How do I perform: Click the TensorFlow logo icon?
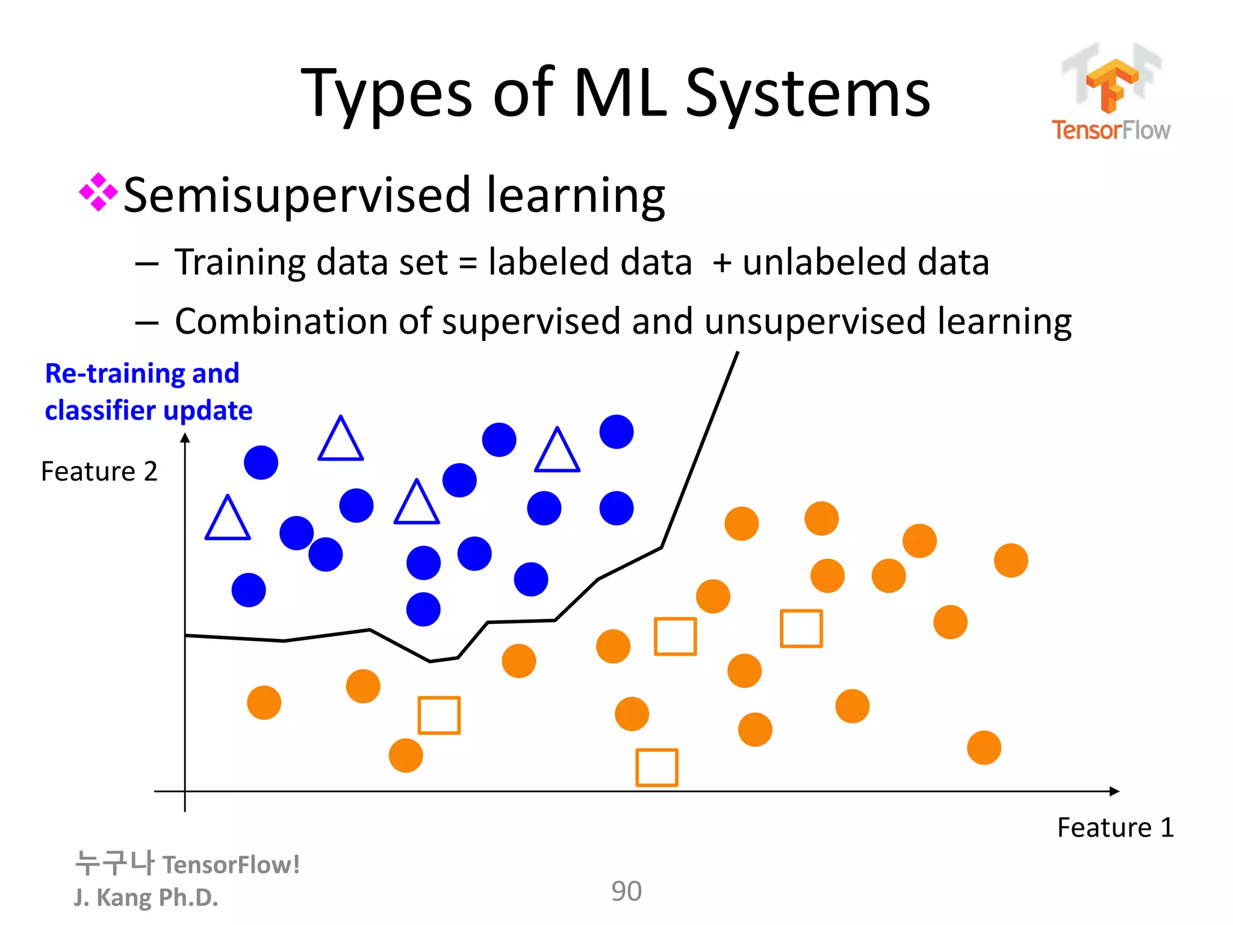click(x=1111, y=84)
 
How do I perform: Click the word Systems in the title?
click(x=808, y=94)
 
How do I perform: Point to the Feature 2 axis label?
click(x=99, y=472)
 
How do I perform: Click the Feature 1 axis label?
click(x=1115, y=827)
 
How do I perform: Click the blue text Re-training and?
click(x=142, y=373)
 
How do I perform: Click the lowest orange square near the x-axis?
click(x=657, y=768)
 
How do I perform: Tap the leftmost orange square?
click(x=439, y=715)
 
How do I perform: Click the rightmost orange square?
click(x=801, y=629)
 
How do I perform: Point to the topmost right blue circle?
click(x=616, y=432)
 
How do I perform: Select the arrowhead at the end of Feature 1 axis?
click(x=1114, y=791)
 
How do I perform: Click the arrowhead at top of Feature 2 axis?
click(x=185, y=438)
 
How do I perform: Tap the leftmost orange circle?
click(x=264, y=702)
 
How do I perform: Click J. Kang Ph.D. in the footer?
click(x=146, y=897)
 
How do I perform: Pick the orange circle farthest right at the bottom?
click(x=984, y=748)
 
